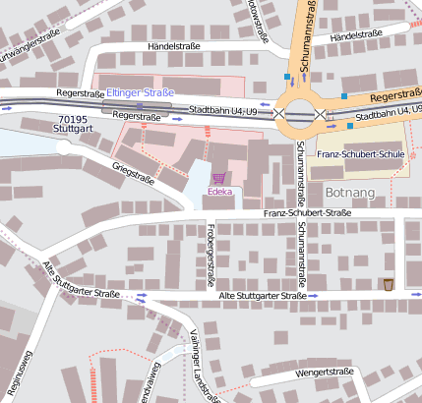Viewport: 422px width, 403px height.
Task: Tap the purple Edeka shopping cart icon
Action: click(x=217, y=178)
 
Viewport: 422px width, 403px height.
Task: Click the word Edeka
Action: click(x=219, y=192)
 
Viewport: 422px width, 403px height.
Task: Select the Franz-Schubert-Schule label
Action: click(x=361, y=154)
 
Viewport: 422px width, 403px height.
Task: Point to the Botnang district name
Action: click(x=349, y=193)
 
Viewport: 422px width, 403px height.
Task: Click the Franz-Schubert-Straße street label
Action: click(x=306, y=213)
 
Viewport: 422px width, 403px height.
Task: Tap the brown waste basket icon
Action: click(x=389, y=284)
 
